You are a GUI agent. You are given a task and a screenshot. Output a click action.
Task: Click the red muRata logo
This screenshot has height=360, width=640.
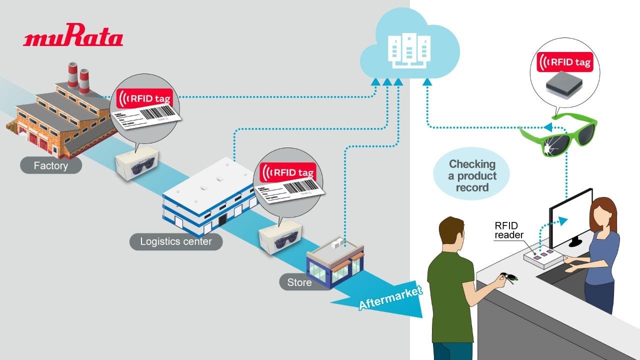(73, 38)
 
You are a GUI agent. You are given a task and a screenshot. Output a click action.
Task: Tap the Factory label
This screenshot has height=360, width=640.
(50, 165)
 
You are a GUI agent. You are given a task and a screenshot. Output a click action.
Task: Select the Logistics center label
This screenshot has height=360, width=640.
(175, 241)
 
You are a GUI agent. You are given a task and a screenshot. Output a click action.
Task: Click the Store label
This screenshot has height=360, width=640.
(299, 282)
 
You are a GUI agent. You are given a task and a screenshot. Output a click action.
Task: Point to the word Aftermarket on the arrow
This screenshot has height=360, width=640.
(390, 298)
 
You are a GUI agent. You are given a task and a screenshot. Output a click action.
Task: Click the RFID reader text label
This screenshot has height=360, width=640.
(509, 230)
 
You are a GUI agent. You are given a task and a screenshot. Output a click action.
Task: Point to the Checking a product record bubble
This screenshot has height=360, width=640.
(471, 175)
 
